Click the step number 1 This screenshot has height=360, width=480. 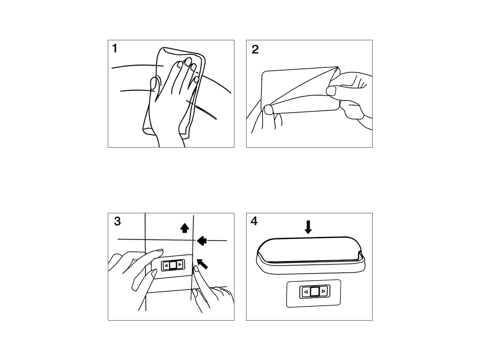(x=115, y=48)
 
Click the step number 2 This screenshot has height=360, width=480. (x=255, y=49)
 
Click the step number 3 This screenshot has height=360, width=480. (x=117, y=221)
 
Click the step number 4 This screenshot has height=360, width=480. (x=254, y=221)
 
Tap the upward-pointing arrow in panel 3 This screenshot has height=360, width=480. (x=184, y=228)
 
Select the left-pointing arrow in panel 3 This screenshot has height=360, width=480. (x=202, y=240)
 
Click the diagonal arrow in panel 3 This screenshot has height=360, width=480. (x=202, y=263)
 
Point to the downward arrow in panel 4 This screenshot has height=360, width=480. (x=308, y=227)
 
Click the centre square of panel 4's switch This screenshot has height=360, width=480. (x=315, y=292)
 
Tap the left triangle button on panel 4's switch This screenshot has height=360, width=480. (x=306, y=292)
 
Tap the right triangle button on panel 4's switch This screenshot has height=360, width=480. (x=323, y=292)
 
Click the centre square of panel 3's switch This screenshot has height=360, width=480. (x=173, y=265)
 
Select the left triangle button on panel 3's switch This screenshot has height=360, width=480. (x=166, y=266)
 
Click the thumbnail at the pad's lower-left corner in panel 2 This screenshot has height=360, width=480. (x=269, y=110)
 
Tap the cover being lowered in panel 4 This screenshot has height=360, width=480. (x=311, y=255)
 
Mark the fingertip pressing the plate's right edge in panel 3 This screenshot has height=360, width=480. (x=195, y=270)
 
